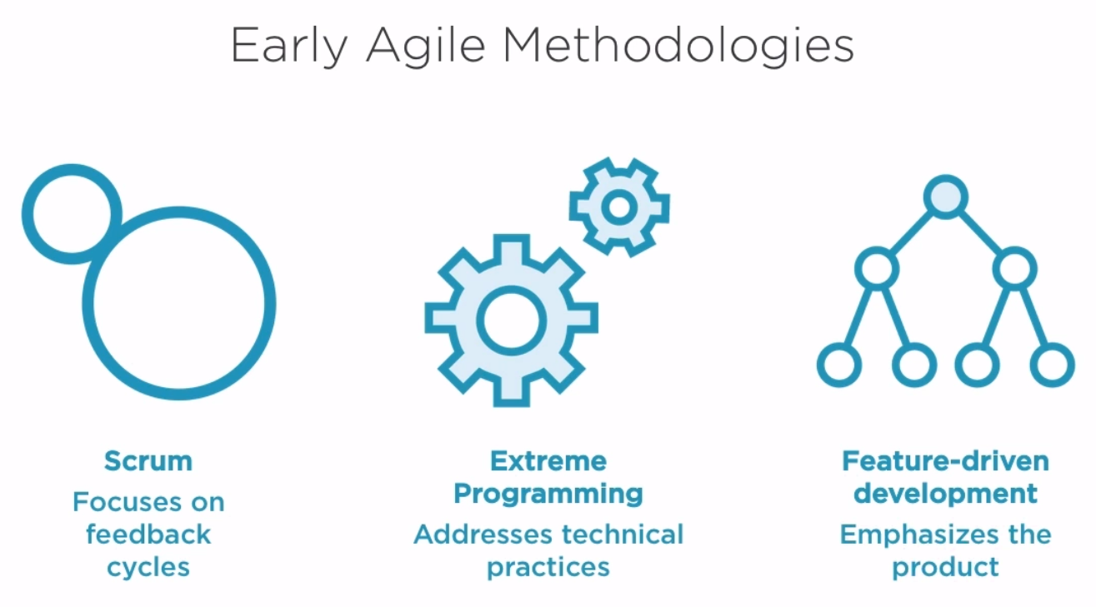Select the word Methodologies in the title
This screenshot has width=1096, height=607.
point(678,46)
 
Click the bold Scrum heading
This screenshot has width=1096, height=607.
point(148,461)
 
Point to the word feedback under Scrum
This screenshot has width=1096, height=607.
point(148,535)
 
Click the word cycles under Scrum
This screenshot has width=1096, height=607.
point(148,568)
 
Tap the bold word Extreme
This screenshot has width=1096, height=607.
point(548,461)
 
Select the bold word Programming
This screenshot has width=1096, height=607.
point(548,494)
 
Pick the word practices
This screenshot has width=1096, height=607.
point(548,568)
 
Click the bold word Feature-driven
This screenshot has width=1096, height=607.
point(945,461)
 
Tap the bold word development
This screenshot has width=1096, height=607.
point(945,494)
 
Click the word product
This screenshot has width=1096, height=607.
point(945,568)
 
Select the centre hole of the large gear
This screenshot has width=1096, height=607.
point(511,321)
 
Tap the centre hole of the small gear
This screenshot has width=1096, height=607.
point(619,207)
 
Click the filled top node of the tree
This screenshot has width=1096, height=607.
point(946,197)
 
